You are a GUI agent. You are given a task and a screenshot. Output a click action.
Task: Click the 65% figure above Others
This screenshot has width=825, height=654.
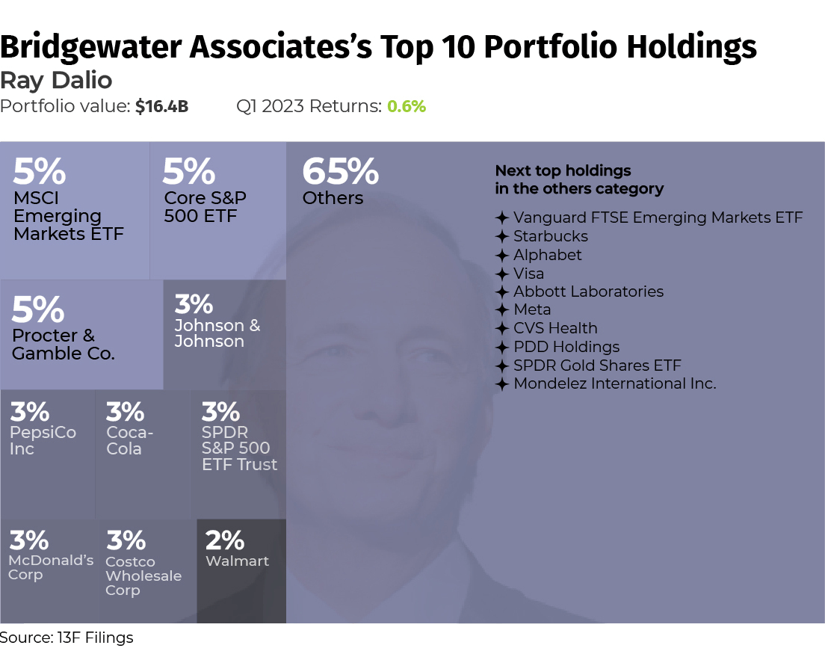340,173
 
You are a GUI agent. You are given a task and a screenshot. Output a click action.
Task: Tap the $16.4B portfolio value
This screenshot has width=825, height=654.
161,107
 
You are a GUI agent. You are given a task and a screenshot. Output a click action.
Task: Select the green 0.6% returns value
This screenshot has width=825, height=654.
407,107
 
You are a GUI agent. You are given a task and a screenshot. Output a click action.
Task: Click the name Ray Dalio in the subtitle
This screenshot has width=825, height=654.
57,80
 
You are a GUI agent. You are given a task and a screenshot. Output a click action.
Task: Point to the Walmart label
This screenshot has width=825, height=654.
237,561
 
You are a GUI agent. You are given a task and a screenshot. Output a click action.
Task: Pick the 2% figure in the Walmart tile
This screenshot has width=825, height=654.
225,540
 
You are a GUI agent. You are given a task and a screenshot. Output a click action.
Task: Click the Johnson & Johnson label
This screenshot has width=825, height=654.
217,333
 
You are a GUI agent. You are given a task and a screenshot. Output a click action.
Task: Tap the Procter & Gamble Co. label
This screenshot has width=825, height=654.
64,345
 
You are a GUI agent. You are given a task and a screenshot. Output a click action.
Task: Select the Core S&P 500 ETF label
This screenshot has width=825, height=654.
206,207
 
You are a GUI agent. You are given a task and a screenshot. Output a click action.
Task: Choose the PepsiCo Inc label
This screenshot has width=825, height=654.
42,441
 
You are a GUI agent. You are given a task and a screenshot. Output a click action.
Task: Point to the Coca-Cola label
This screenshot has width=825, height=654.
130,441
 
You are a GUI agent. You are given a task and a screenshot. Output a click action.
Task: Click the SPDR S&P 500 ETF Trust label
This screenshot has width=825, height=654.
239,448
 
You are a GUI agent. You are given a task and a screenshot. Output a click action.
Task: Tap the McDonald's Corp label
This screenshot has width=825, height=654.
51,567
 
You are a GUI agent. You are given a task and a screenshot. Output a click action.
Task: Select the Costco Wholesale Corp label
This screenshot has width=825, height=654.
143,576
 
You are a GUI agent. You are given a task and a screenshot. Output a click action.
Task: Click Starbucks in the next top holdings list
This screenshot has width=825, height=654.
551,236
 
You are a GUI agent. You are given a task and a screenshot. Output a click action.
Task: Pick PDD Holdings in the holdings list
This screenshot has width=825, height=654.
566,347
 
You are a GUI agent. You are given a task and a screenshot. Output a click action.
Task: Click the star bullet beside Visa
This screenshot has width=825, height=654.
502,274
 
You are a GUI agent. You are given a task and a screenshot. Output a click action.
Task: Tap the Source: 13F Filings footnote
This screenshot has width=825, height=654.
67,638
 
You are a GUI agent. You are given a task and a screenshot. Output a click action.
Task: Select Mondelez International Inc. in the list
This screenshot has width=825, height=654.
614,383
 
